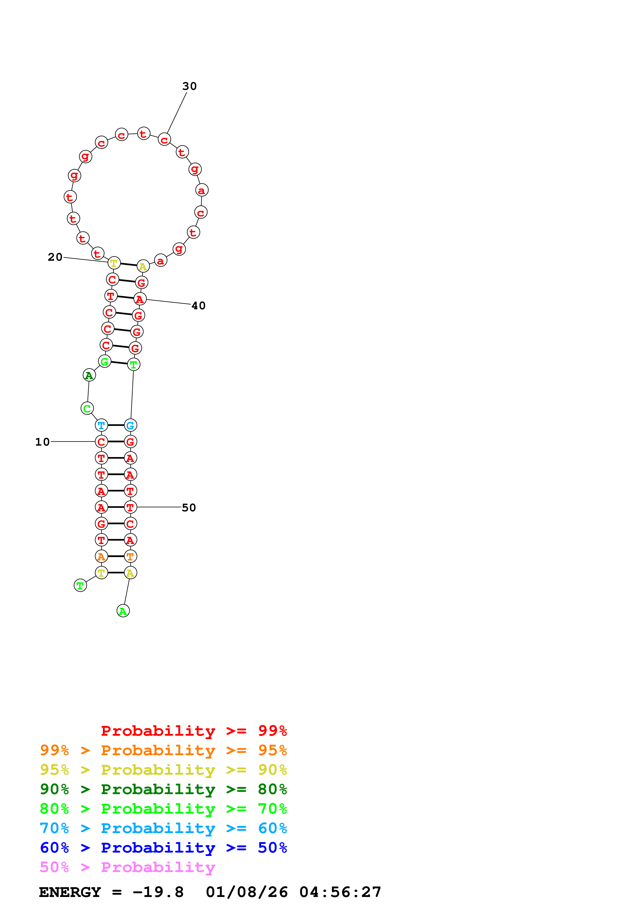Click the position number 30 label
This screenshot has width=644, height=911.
point(189,86)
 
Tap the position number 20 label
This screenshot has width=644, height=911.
point(55,257)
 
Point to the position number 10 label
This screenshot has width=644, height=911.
point(42,442)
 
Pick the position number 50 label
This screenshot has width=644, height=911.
point(189,508)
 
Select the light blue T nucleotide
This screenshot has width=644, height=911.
point(102,425)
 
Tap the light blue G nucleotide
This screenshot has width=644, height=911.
point(130,425)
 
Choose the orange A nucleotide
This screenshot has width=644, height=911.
point(102,556)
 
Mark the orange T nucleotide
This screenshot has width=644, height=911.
point(130,556)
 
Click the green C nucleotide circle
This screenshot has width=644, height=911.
point(87,408)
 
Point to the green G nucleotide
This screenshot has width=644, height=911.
point(105,361)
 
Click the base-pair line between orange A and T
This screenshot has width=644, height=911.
point(116,556)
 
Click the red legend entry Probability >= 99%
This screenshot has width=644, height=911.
point(194,731)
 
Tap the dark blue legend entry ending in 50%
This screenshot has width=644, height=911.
point(163,848)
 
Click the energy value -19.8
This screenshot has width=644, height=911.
point(158,892)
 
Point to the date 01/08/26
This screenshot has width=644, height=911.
point(247,892)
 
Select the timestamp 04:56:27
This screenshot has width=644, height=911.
point(340,892)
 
